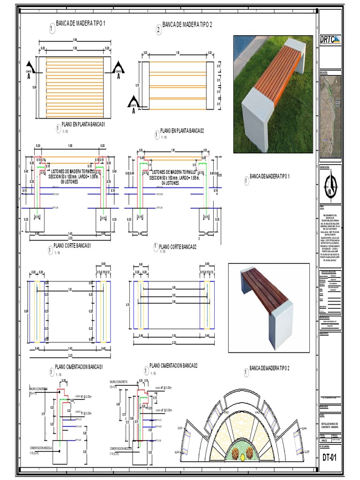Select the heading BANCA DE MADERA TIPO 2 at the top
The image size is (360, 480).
tap(187, 24)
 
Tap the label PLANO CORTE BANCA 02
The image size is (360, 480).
tap(178, 247)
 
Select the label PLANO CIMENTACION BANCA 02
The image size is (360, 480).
tap(173, 365)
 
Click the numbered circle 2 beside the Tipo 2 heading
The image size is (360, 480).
tap(158, 30)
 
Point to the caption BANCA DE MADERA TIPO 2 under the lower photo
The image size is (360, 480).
tap(270, 368)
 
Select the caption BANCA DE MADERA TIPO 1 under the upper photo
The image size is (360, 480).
tap(270, 177)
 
